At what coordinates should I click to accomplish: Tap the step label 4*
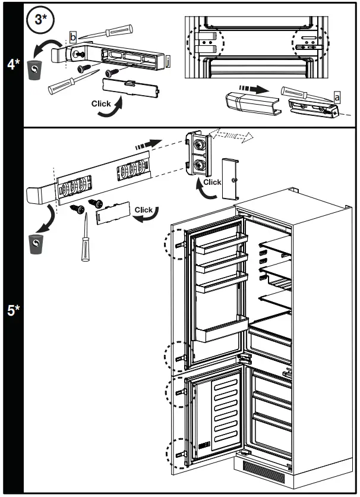(x=13, y=64)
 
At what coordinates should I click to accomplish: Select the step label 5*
(x=13, y=310)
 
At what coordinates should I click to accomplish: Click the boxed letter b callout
(x=72, y=38)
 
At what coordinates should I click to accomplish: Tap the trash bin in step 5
(x=36, y=243)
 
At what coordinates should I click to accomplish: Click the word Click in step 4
(x=101, y=103)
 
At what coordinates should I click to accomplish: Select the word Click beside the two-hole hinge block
(x=212, y=182)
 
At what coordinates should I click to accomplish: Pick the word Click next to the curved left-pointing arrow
(x=144, y=209)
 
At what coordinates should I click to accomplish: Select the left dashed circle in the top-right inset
(x=206, y=42)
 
